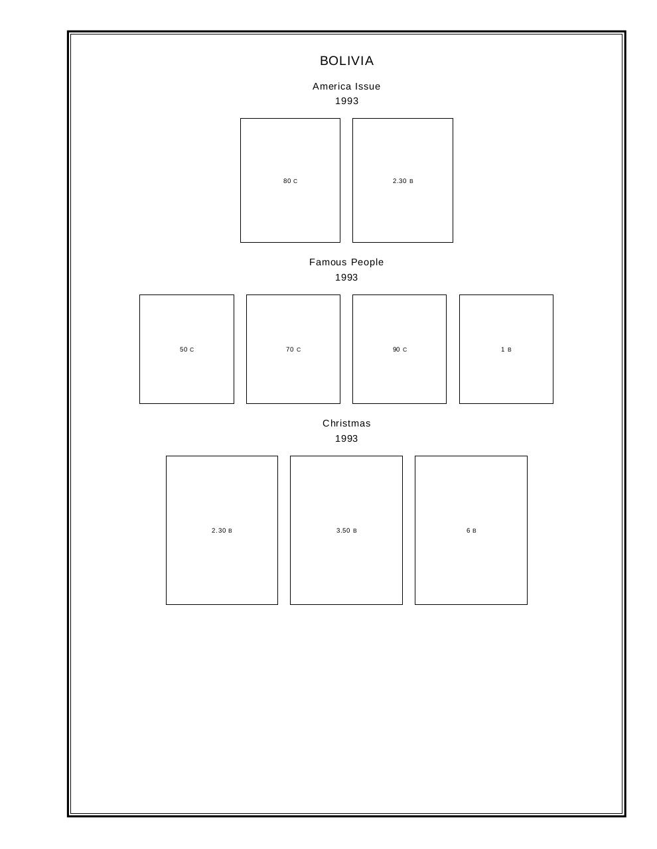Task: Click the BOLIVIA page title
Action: (x=346, y=61)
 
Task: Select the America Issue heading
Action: (x=346, y=86)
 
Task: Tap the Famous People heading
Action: (x=346, y=262)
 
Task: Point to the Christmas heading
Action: (x=346, y=423)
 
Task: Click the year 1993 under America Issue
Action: (x=346, y=101)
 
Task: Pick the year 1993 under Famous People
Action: (x=346, y=277)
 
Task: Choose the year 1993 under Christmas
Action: (x=346, y=439)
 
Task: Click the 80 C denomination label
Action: (x=290, y=181)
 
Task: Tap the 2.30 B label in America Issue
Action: (x=403, y=181)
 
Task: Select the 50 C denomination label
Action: (x=186, y=350)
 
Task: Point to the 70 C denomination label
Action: (x=293, y=350)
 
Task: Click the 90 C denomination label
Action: (x=400, y=350)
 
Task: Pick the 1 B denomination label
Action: (x=506, y=350)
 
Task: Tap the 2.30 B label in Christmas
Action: (x=222, y=530)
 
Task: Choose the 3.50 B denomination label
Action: (x=346, y=530)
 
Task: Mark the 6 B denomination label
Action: (x=471, y=530)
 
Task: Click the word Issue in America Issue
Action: (x=368, y=86)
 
